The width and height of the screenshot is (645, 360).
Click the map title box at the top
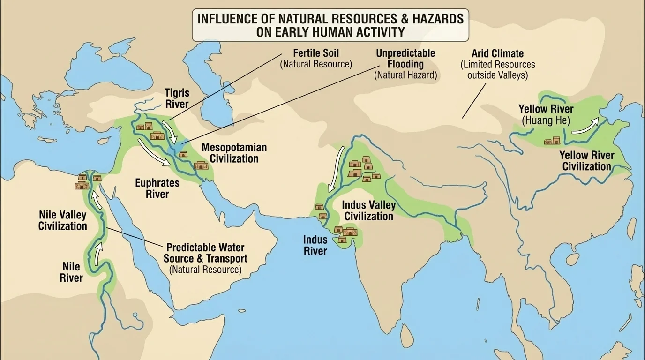coord(330,25)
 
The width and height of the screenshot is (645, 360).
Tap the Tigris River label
coord(177,98)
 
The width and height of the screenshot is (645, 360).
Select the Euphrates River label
coord(157,188)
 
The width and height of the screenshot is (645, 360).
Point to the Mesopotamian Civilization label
coord(234,153)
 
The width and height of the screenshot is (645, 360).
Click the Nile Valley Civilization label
coord(62,220)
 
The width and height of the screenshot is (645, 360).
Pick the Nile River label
coord(71,272)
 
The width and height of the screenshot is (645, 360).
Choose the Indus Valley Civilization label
coord(368,210)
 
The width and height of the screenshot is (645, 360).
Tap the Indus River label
coord(315,245)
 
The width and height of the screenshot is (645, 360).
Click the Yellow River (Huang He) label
coord(546,115)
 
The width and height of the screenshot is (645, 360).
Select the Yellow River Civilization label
coord(586,161)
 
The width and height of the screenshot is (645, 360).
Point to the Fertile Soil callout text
coord(315,58)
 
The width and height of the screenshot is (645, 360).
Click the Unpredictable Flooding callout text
coord(405,64)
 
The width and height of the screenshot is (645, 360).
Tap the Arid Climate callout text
coord(497,64)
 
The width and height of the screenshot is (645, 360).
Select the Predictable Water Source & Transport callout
coord(205,258)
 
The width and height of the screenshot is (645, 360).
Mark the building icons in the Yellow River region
coord(552,141)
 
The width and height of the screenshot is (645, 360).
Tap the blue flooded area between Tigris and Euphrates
coord(178,150)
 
